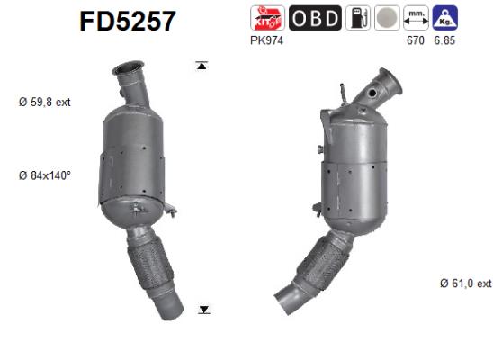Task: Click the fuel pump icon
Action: click(356, 18)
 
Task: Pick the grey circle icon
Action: click(386, 18)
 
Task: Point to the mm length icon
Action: click(416, 18)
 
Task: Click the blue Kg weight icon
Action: click(444, 18)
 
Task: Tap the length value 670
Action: click(414, 40)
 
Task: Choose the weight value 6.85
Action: click(444, 40)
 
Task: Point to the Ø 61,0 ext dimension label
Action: click(466, 283)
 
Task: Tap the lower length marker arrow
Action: click(204, 310)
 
